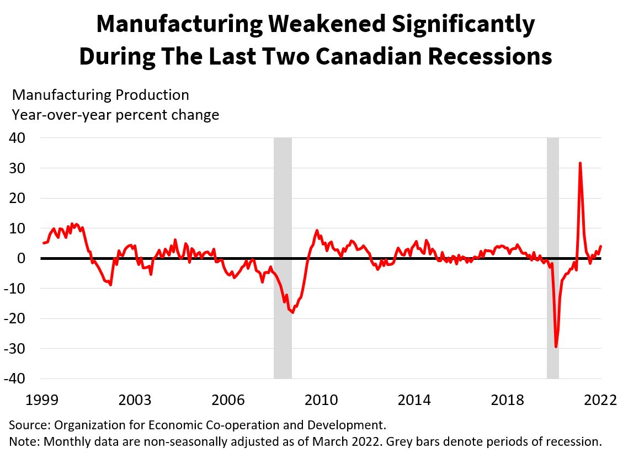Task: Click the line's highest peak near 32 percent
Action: pos(580,163)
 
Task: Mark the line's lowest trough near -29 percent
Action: pos(556,347)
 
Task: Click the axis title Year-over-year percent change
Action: pos(115,115)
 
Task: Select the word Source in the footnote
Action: pos(27,425)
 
